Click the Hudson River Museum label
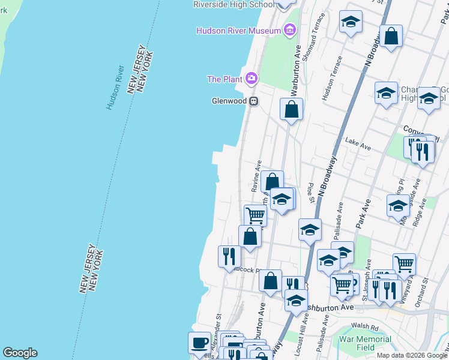pos(238,31)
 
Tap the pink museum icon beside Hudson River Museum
pos(290,30)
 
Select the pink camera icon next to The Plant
pos(251,79)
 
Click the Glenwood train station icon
pos(255,101)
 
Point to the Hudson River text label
pos(115,86)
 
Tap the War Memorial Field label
pos(365,343)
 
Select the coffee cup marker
pos(200,343)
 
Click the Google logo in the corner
pos(20,353)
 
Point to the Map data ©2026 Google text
pos(411,355)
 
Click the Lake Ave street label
pos(358,143)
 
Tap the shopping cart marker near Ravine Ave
pos(256,215)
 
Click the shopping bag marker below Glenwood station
pos(291,110)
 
